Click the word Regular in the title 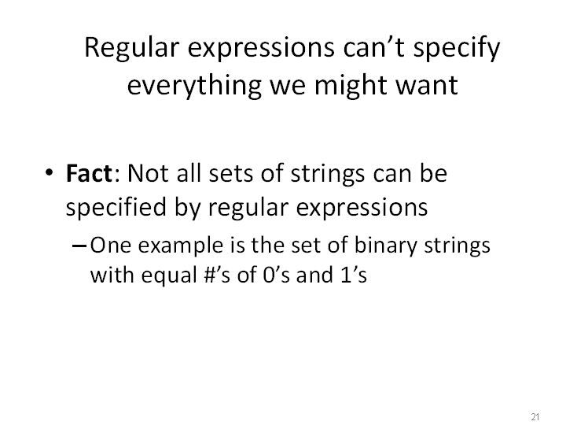[132, 49]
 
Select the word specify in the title [457, 49]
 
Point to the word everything [194, 87]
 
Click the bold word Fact [89, 173]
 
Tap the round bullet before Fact [50, 172]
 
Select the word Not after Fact [148, 173]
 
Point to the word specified [116, 208]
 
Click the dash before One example [79, 246]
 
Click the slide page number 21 [535, 416]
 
